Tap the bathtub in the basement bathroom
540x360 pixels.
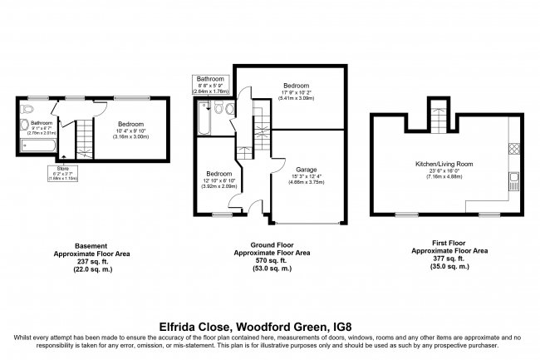pyautogui.click(x=38, y=146)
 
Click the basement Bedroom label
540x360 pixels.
pyautogui.click(x=119, y=123)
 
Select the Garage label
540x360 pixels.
pyautogui.click(x=307, y=170)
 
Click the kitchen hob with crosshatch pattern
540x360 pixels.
pyautogui.click(x=513, y=150)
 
